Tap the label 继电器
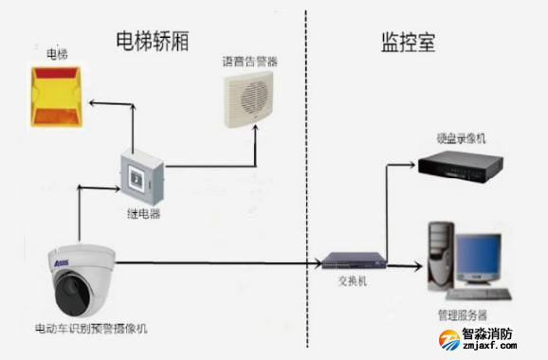pos(142,214)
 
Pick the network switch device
pos(352,260)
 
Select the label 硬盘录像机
pos(461,138)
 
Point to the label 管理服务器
pos(462,315)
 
